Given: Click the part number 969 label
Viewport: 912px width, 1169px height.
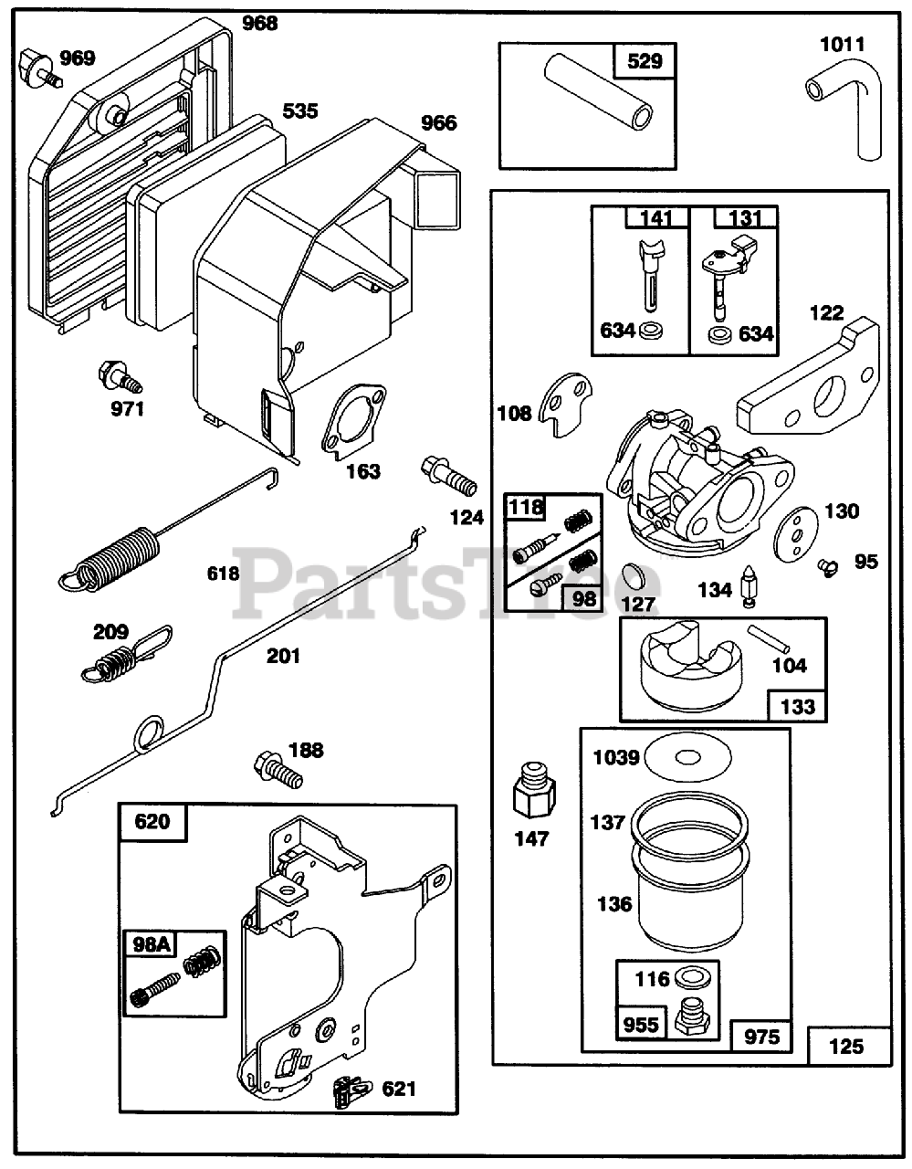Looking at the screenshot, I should (78, 58).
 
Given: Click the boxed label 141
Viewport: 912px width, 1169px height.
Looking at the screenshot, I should (656, 218).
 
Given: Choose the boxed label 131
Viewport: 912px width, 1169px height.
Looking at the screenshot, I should (745, 218).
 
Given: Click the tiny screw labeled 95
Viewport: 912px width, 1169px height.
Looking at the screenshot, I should (829, 567).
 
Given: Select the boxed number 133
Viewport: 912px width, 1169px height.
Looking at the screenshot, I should (797, 705).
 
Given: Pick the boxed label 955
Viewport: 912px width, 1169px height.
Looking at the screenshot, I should (640, 1024).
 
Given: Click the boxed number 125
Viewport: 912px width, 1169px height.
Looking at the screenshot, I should (847, 1045).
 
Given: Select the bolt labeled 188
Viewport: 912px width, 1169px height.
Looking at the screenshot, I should (279, 768).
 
